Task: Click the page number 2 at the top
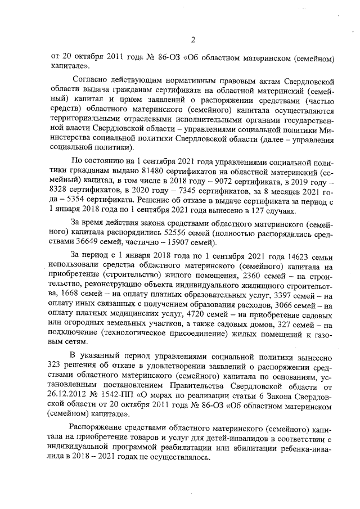click(192, 39)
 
